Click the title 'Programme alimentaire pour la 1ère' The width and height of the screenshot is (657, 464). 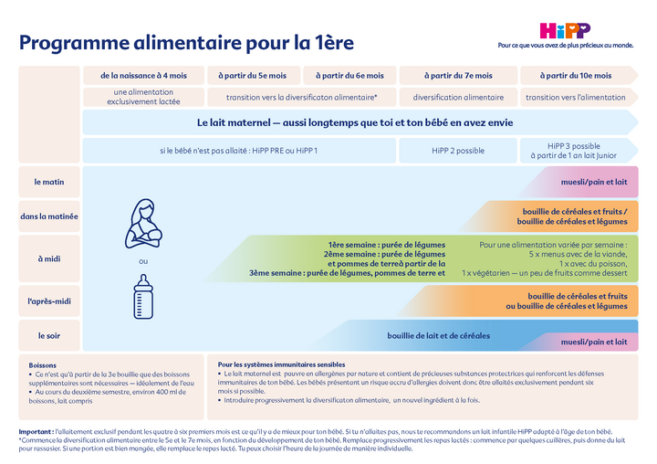click(x=187, y=43)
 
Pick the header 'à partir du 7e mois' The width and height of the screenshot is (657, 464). click(x=458, y=75)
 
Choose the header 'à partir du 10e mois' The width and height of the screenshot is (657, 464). click(x=576, y=75)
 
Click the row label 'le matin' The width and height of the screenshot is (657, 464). click(x=48, y=182)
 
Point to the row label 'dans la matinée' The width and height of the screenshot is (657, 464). click(x=48, y=216)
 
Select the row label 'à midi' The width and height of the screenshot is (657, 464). click(x=48, y=258)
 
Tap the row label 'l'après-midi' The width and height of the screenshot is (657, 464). click(x=48, y=300)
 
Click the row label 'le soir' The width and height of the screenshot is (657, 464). click(x=48, y=335)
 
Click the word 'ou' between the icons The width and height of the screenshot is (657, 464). click(x=142, y=261)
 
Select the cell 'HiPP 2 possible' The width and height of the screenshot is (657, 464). click(x=458, y=150)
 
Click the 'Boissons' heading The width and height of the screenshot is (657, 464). click(x=43, y=364)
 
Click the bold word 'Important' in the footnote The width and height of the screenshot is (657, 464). click(x=36, y=430)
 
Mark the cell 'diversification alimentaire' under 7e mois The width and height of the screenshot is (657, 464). click(x=458, y=97)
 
